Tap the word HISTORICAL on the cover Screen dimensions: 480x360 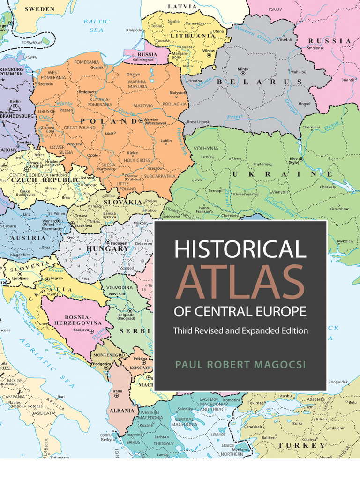[240, 248]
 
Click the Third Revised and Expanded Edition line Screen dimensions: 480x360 [240, 330]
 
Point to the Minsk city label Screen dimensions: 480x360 [243, 69]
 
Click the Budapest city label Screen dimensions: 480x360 [119, 244]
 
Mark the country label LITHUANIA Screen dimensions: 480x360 [193, 36]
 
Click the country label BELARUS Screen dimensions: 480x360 [259, 82]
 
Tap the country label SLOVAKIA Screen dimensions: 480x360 [123, 202]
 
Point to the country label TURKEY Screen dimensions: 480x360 [301, 445]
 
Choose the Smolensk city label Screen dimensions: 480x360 [315, 48]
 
